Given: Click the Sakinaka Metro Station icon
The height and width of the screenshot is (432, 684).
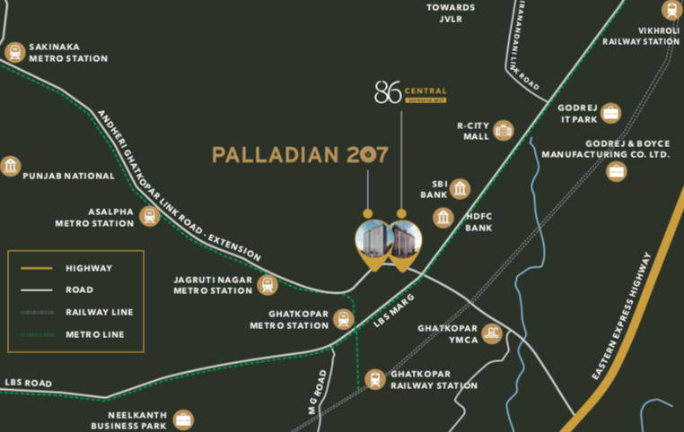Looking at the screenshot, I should pos(13,52).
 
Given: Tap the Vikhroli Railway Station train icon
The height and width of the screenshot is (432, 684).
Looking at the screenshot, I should pos(671,11).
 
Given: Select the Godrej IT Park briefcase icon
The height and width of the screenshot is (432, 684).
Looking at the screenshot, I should pos(611,113).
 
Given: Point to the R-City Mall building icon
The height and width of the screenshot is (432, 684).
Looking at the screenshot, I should pos(504,130).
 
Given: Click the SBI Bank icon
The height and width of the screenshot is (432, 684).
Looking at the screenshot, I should pos(460,188).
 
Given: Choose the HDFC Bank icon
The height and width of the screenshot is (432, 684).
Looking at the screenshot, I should pos(443,217).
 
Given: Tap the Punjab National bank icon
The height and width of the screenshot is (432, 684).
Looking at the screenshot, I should pos(11,166).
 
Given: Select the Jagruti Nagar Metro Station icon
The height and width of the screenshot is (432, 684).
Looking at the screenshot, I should pos(267,285).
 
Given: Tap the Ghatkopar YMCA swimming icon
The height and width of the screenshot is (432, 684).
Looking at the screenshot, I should pos(491,333).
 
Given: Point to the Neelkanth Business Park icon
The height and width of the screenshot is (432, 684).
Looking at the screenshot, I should pos(183,419).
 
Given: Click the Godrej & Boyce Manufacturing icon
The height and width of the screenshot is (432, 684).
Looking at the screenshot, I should pos(617,171).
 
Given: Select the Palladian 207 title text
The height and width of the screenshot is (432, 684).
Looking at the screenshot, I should pos(300,154).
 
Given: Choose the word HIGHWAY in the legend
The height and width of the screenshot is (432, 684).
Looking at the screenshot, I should pos(89,268).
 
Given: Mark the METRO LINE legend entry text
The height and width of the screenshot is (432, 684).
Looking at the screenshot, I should pos(95,334).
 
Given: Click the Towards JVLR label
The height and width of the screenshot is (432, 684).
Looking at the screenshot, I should pos(452,13).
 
